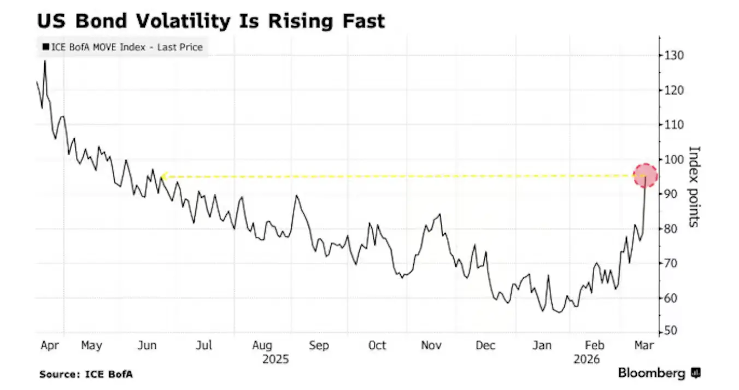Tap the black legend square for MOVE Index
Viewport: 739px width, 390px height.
pos(45,48)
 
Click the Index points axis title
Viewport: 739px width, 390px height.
pos(694,187)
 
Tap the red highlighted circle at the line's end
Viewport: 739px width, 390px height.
pos(646,176)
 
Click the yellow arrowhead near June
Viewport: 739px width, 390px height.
pos(163,176)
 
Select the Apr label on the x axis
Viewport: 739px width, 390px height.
pos(50,345)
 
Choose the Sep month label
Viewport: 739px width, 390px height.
pos(319,345)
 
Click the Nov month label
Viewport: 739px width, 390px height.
pos(431,345)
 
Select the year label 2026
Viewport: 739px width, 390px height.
pos(586,360)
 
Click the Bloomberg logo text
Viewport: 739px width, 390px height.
pos(652,374)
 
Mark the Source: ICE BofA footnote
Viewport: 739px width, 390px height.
pos(86,374)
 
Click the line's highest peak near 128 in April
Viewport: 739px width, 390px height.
pos(45,61)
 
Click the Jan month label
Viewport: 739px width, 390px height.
pos(542,345)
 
